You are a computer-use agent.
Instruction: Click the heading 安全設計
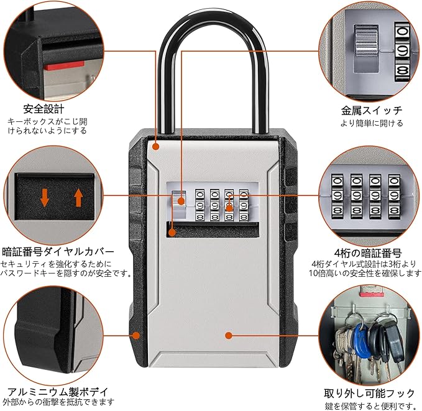42,108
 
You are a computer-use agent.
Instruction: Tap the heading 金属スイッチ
372,110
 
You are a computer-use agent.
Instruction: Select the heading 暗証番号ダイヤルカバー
58,252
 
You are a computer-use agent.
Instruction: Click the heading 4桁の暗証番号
367,253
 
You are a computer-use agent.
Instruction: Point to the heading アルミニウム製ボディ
57,392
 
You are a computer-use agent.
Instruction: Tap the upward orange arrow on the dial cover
78,198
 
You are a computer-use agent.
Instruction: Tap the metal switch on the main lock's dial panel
179,200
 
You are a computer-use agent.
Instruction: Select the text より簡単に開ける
372,124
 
